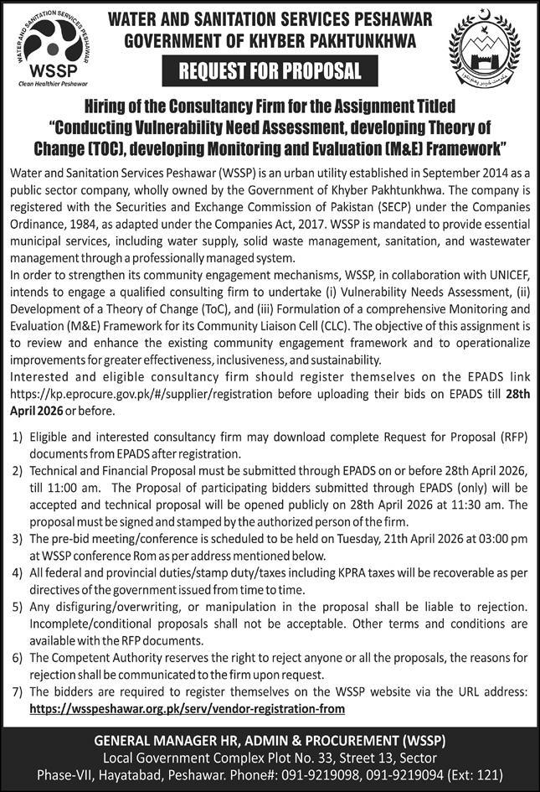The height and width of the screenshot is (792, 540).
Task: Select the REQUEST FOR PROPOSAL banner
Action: pyautogui.click(x=270, y=71)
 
